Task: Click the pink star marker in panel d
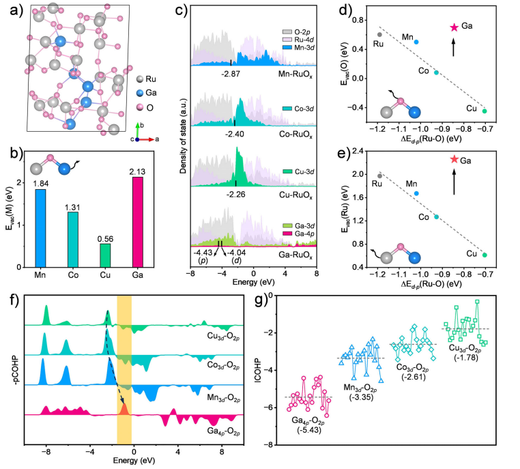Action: [x=453, y=27]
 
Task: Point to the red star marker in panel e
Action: [x=453, y=159]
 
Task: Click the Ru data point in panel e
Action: [x=379, y=175]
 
